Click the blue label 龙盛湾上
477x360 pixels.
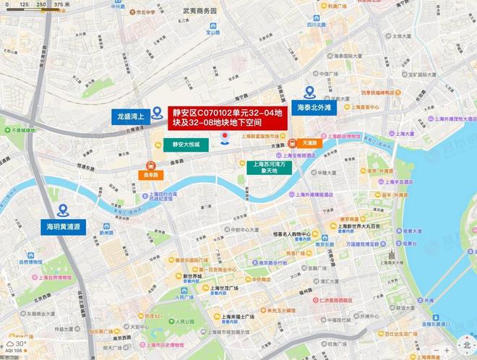131,115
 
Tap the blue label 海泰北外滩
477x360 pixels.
314,106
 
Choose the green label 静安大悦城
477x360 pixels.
189,144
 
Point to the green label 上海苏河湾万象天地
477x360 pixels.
268,168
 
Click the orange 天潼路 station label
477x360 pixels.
310,143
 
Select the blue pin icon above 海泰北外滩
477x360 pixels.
309,92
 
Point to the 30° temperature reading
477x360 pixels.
20,344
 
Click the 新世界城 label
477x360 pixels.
192,275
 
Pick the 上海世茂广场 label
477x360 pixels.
224,288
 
